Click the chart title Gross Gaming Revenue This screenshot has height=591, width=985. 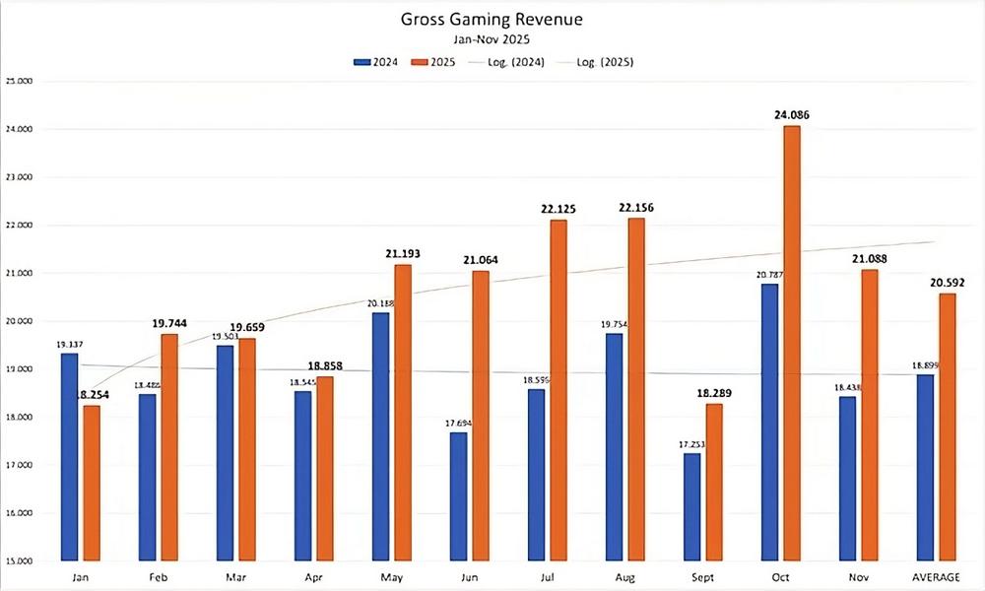click(492, 19)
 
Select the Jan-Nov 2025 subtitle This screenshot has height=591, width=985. click(492, 39)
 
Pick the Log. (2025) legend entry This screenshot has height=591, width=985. click(598, 61)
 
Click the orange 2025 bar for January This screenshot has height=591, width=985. click(92, 483)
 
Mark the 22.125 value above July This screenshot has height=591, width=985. click(558, 209)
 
